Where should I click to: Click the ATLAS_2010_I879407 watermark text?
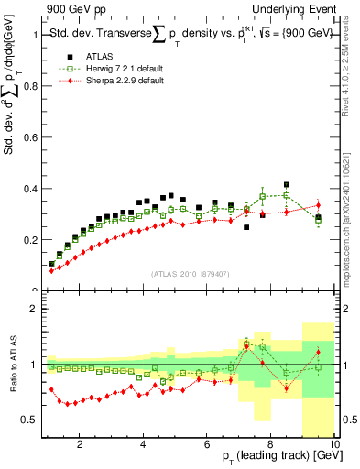coord(190,274)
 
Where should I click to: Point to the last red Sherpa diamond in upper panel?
coord(318,205)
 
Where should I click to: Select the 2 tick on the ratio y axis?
coord(37,309)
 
